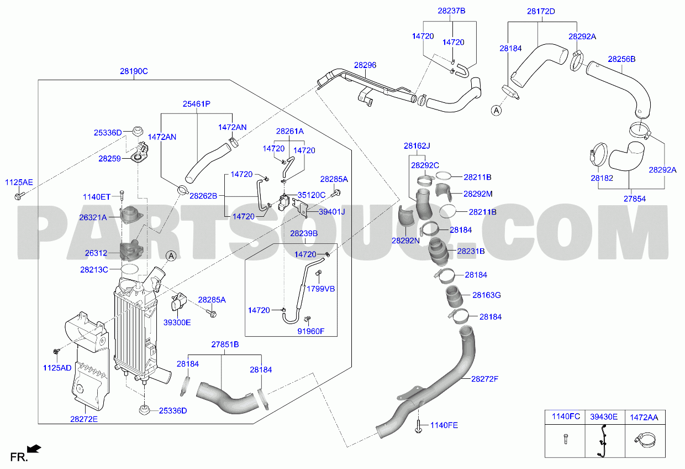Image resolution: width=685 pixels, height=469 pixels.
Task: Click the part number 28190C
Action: click(134, 71)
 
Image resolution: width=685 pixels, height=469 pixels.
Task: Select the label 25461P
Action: click(197, 104)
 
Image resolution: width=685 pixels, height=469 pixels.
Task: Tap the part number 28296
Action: click(365, 65)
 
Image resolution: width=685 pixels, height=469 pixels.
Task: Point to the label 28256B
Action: click(621, 59)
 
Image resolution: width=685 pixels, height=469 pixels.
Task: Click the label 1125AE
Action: click(19, 183)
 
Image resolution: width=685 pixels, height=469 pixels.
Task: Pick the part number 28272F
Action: click(484, 379)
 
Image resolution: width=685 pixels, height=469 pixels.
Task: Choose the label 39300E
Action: click(177, 322)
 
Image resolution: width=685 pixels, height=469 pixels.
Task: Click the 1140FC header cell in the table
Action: click(566, 416)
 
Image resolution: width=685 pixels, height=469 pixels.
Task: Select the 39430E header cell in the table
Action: click(604, 417)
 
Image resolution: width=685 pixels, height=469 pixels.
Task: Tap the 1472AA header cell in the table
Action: click(644, 417)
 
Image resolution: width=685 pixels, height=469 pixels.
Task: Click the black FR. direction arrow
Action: click(34, 449)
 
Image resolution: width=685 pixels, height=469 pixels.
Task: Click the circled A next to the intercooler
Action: click(171, 256)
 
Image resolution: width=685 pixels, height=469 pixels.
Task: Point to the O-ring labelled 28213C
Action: click(130, 269)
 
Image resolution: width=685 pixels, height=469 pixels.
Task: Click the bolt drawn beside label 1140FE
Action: click(418, 426)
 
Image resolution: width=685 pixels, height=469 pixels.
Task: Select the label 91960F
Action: click(311, 331)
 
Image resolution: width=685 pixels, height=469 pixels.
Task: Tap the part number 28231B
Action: click(471, 251)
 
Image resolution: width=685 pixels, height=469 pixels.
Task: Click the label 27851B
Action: click(225, 345)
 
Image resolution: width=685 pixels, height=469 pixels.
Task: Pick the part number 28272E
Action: click(84, 419)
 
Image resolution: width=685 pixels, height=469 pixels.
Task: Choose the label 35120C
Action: click(312, 195)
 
